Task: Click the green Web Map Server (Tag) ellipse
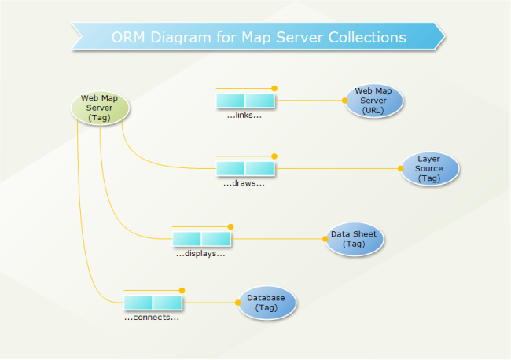100,108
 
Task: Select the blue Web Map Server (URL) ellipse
373,101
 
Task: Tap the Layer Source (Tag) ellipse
429,168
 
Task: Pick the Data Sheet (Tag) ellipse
354,239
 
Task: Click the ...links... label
244,116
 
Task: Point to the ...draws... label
244,183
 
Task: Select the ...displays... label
200,253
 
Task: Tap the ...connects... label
152,318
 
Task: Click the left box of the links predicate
230,101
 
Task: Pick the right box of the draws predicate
259,168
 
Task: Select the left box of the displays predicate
186,238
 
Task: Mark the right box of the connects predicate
167,303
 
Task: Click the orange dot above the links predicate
274,88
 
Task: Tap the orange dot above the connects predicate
182,290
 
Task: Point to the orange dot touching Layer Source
400,168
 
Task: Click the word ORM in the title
127,37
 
